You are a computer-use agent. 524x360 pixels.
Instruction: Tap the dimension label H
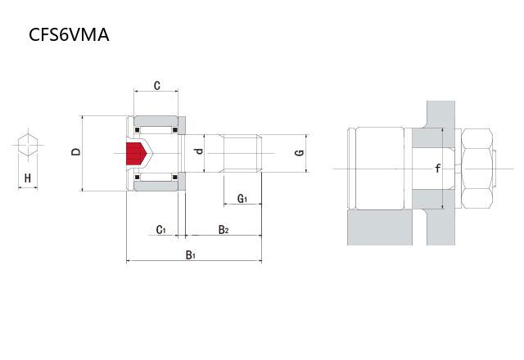coord(28,178)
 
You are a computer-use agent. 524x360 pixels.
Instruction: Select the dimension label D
coord(76,151)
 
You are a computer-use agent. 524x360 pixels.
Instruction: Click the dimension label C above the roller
coord(156,85)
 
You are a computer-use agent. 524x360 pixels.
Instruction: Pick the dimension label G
coord(300,152)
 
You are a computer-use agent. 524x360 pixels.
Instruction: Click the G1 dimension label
coord(242,199)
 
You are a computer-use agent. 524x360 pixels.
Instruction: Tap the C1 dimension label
coord(161,230)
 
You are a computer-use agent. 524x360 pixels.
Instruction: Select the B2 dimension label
coord(223,230)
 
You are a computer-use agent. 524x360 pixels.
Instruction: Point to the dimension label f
coord(438,169)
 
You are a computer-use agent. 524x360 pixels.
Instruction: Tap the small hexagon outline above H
coord(28,146)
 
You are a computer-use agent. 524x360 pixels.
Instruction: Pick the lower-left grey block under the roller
coord(380,227)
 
